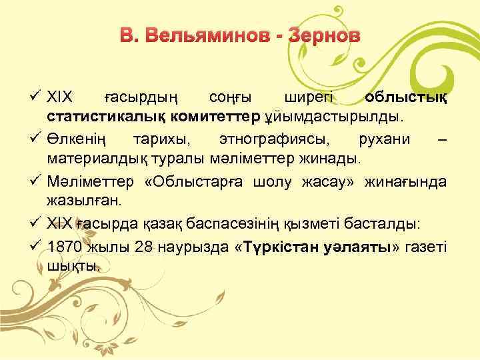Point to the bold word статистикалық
click(101, 117)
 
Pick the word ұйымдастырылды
click(334, 117)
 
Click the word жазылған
click(76, 201)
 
